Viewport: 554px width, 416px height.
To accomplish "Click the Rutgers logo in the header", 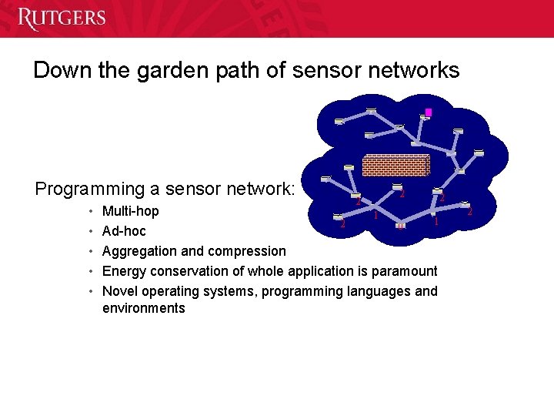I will [x=62, y=18].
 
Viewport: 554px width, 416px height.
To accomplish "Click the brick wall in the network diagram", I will [x=395, y=165].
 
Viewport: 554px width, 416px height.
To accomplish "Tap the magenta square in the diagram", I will [x=429, y=112].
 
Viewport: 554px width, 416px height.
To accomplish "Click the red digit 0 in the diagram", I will [x=401, y=226].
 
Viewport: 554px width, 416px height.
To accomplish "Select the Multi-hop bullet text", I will [x=131, y=211].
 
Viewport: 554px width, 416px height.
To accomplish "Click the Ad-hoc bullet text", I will [x=124, y=231].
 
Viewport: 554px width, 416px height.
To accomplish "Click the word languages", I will [x=360, y=291].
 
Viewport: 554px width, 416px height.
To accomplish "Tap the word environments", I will [x=143, y=308].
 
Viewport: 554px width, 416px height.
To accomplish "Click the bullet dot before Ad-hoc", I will [x=91, y=231].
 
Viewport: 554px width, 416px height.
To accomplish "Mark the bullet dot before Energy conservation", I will [x=91, y=271].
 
